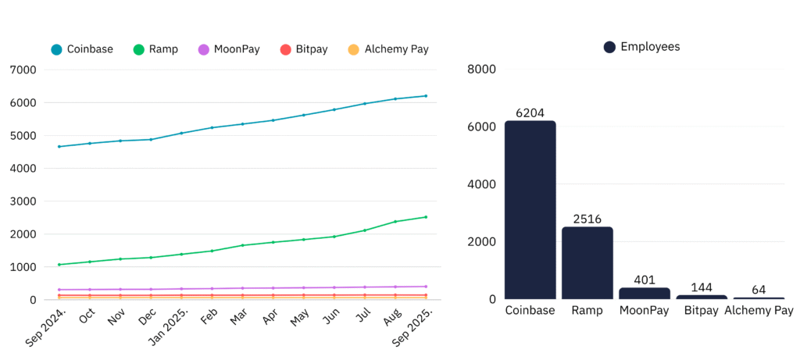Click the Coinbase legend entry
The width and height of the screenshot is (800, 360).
pyautogui.click(x=82, y=49)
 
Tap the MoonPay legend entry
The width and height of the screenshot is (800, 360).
pyautogui.click(x=228, y=49)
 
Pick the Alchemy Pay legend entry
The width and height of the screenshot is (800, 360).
pyautogui.click(x=388, y=49)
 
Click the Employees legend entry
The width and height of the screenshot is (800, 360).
pyautogui.click(x=641, y=47)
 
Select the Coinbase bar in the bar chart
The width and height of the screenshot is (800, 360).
pyautogui.click(x=530, y=210)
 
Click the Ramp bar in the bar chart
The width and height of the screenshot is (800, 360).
pyautogui.click(x=587, y=263)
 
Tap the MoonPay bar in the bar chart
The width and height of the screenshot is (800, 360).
pyautogui.click(x=645, y=294)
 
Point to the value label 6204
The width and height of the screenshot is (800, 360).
pyautogui.click(x=530, y=113)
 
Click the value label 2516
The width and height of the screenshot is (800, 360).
pyautogui.click(x=587, y=219)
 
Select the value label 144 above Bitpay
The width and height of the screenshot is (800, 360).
pyautogui.click(x=702, y=287)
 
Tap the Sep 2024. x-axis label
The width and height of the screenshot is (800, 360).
pyautogui.click(x=46, y=329)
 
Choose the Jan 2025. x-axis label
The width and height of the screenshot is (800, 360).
pyautogui.click(x=168, y=329)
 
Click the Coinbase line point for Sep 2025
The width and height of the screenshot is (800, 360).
pyautogui.click(x=426, y=96)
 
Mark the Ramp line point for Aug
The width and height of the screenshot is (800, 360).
pyautogui.click(x=395, y=222)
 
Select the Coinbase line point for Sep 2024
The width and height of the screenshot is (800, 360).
pyautogui.click(x=59, y=146)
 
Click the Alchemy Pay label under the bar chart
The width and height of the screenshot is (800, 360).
pyautogui.click(x=759, y=311)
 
